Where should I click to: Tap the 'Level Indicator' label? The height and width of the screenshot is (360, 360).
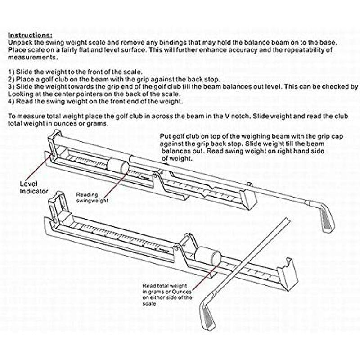(x=34, y=188)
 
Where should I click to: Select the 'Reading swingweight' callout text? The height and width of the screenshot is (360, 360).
(x=92, y=198)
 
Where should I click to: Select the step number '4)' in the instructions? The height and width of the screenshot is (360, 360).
(x=12, y=101)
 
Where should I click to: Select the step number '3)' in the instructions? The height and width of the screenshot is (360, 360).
(x=12, y=86)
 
